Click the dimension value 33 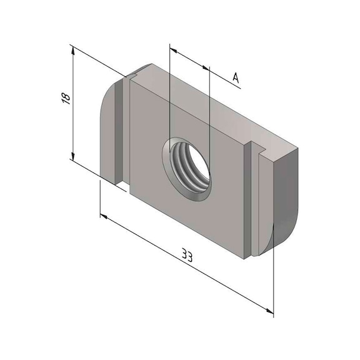click(x=187, y=255)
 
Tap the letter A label click(x=235, y=77)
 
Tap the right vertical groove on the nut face click(x=253, y=200)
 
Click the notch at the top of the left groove click(x=132, y=76)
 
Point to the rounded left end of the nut click(x=108, y=125)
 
